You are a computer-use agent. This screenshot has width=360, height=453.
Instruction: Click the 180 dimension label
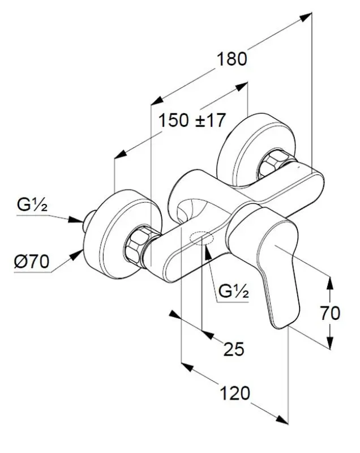pos(233,59)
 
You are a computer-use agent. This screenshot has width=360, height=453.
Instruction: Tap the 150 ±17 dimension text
pos(192,120)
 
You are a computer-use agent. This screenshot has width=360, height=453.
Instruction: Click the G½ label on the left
pos(32,206)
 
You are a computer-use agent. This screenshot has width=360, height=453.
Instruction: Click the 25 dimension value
pos(233,349)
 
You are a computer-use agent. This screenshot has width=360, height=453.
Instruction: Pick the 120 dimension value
pos(234,392)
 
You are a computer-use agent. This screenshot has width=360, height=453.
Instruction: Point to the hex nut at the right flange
pos(273,164)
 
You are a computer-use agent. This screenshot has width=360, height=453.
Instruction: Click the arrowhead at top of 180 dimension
pos(306,17)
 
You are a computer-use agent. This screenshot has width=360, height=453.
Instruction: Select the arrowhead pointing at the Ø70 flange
pos(75,256)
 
